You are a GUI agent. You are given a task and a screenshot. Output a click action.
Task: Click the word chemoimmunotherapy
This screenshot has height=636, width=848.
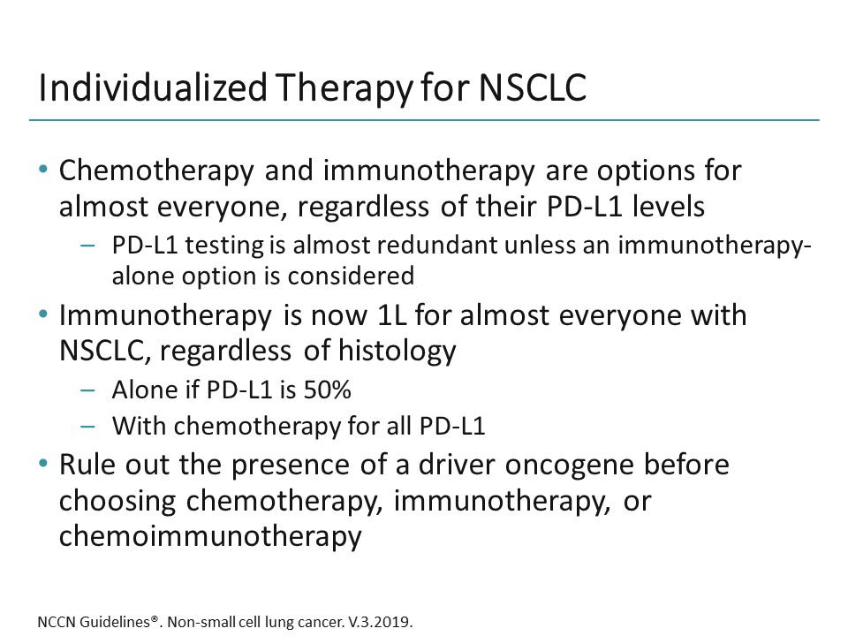(x=210, y=536)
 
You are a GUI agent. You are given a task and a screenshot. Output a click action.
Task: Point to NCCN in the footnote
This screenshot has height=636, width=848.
(x=56, y=620)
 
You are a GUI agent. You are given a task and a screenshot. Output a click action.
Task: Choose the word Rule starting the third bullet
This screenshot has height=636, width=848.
(x=87, y=466)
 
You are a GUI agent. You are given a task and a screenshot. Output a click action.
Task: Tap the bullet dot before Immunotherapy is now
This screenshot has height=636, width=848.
(x=43, y=316)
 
